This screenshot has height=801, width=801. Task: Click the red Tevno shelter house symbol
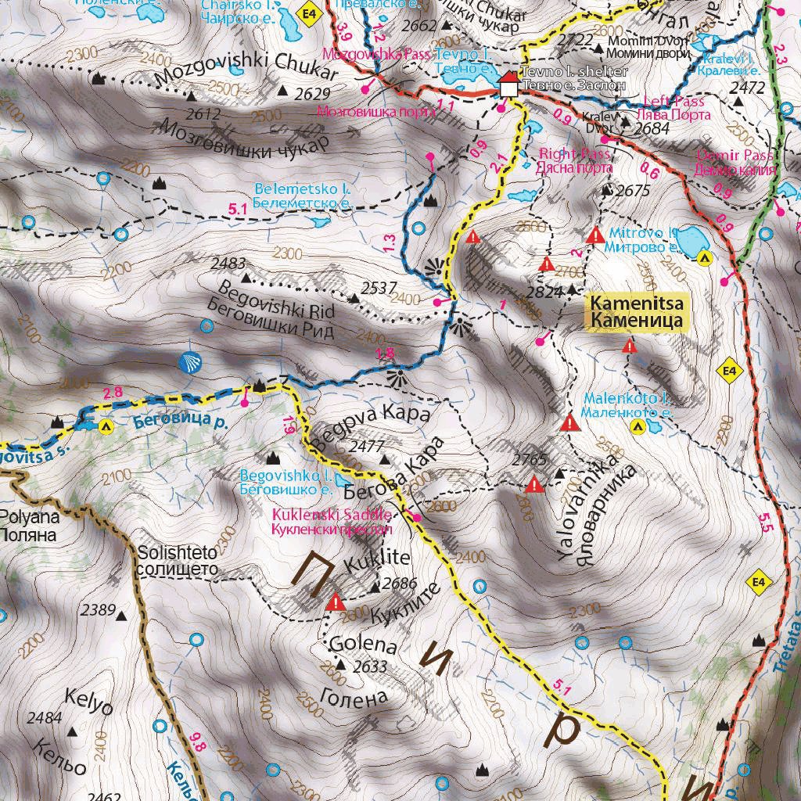(508, 85)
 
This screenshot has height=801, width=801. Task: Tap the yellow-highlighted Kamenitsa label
(637, 311)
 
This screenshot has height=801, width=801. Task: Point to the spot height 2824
(544, 293)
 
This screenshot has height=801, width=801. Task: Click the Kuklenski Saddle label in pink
(331, 522)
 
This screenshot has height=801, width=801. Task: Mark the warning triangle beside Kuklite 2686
(336, 602)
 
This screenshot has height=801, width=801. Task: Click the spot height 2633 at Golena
(370, 666)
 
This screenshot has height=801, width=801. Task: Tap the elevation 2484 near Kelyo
(45, 717)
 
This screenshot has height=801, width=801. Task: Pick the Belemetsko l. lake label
(302, 196)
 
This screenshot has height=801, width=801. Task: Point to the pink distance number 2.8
(113, 392)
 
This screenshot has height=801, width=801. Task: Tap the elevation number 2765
(529, 458)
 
